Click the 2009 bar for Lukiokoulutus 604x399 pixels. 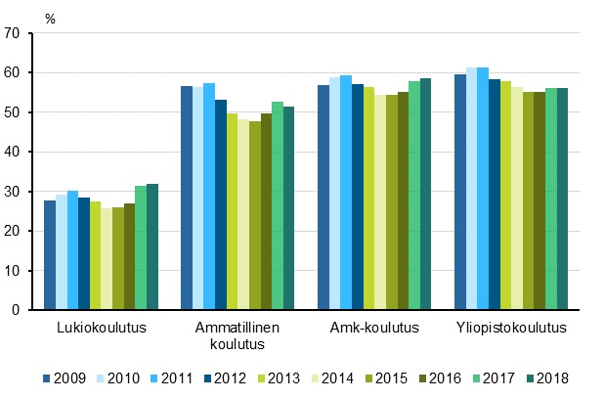pos(50,255)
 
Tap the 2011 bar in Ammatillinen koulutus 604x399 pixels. pos(209,197)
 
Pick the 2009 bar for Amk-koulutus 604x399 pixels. pos(323,198)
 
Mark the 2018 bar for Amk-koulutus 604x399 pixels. pos(425,194)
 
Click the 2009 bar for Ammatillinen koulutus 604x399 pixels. pos(187,198)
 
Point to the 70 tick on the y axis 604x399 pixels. pos(12,33)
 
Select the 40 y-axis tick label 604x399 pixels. pos(12,152)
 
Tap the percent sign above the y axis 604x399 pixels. pos(49,17)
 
